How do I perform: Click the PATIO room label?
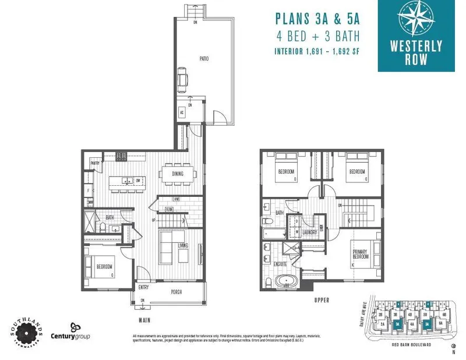click(x=203, y=59)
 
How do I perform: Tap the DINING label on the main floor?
click(x=178, y=174)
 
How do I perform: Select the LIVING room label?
click(x=183, y=245)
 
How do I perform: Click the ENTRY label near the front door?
click(x=144, y=287)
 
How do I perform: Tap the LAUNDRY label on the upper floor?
click(x=309, y=232)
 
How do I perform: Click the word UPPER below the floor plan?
click(x=322, y=300)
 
